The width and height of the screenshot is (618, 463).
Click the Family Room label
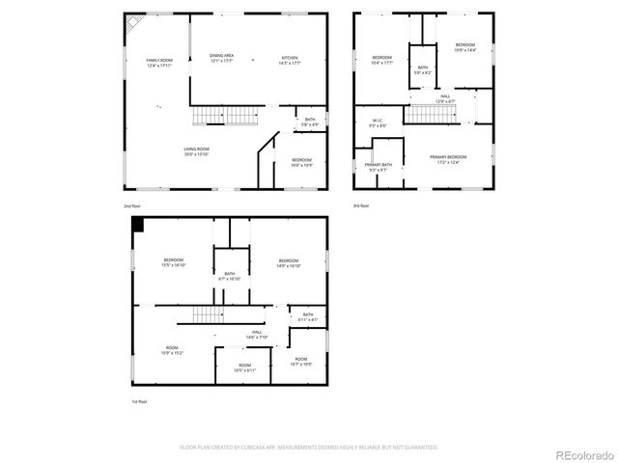[x=159, y=63]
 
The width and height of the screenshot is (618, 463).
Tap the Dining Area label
[x=222, y=58]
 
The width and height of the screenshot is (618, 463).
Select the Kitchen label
[x=290, y=60]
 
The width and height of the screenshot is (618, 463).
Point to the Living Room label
[x=197, y=151]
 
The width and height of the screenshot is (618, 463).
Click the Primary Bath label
[x=379, y=167]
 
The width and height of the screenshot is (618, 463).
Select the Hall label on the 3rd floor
[x=444, y=99]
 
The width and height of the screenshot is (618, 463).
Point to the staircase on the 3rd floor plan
[x=430, y=115]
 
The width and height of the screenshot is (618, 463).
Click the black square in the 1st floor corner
[x=138, y=224]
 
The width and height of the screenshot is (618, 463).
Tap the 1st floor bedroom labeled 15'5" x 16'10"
[x=174, y=262]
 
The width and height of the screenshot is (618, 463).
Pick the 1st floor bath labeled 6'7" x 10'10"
[x=230, y=277]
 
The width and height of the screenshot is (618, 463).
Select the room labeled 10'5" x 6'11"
[x=245, y=367]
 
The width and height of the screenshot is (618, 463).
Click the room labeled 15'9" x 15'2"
[x=172, y=351]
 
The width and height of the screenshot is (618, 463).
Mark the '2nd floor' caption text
[x=131, y=205]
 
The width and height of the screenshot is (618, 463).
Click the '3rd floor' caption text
[x=360, y=205]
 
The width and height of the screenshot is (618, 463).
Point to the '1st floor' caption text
[x=140, y=401]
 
